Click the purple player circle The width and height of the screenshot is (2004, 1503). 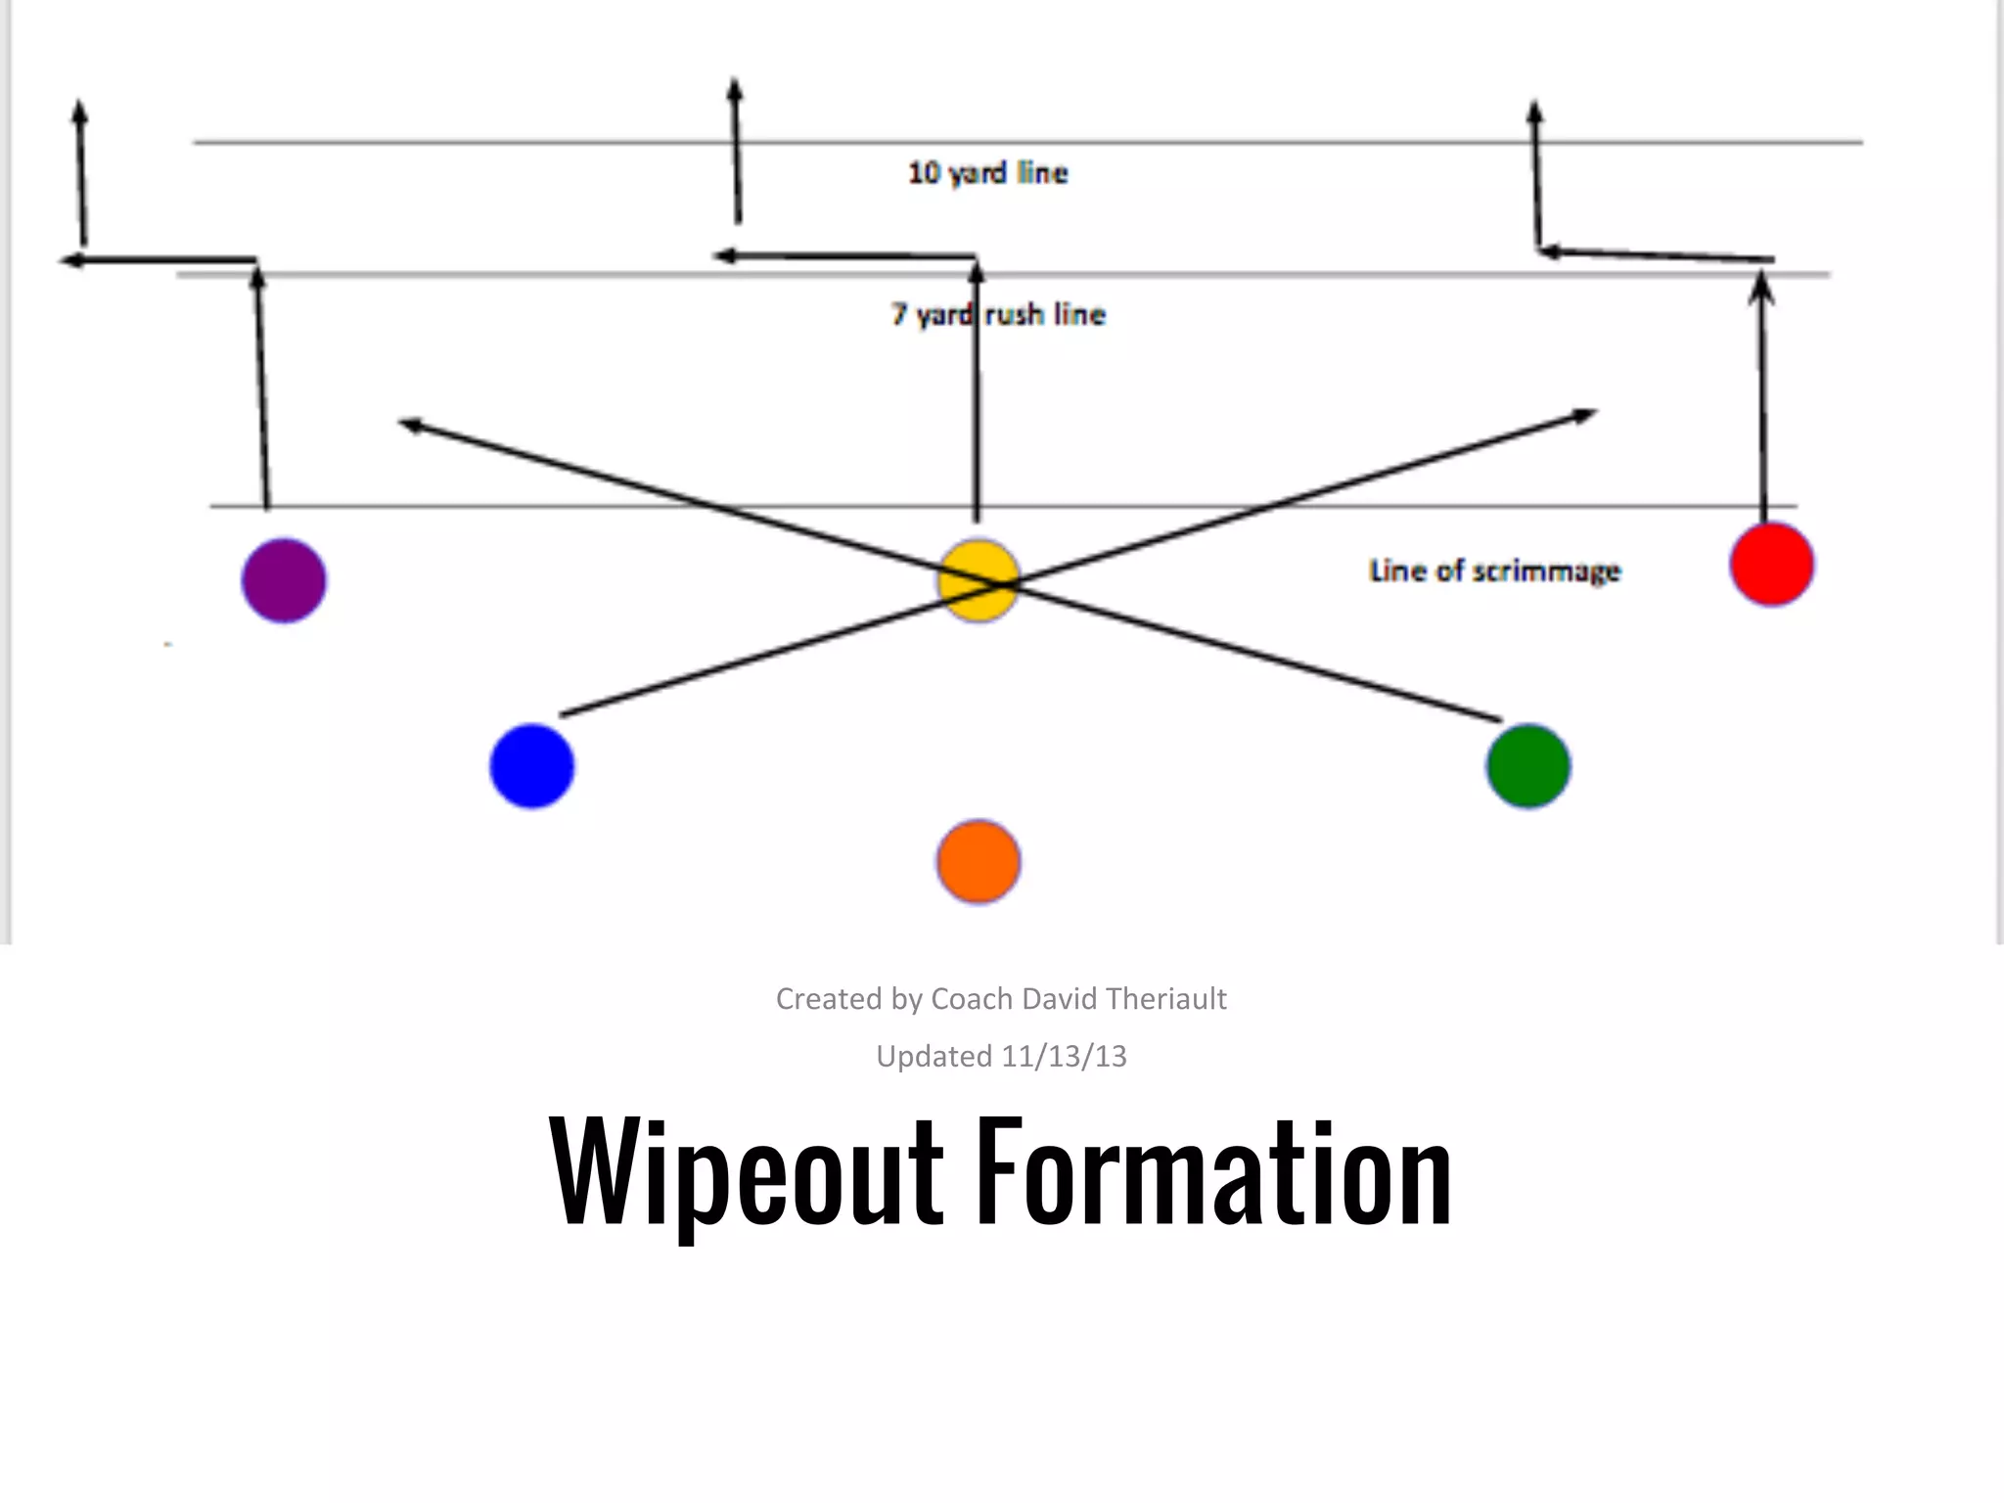click(x=284, y=580)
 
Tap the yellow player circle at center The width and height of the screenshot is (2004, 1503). click(x=979, y=580)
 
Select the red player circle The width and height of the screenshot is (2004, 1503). click(x=1772, y=565)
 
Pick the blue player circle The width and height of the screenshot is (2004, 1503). click(x=531, y=766)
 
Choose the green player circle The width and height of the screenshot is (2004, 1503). click(x=1528, y=766)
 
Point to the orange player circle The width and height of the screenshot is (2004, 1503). click(x=979, y=862)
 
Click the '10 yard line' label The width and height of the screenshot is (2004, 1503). click(x=987, y=173)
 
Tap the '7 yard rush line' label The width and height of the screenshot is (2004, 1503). click(x=998, y=314)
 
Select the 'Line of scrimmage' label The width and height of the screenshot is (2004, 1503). click(x=1494, y=570)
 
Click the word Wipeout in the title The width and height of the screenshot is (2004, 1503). click(x=746, y=1171)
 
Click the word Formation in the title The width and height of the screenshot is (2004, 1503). click(x=1213, y=1171)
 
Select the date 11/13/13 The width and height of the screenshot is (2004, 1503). click(x=1065, y=1056)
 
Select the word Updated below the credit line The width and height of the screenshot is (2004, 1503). click(x=934, y=1056)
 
